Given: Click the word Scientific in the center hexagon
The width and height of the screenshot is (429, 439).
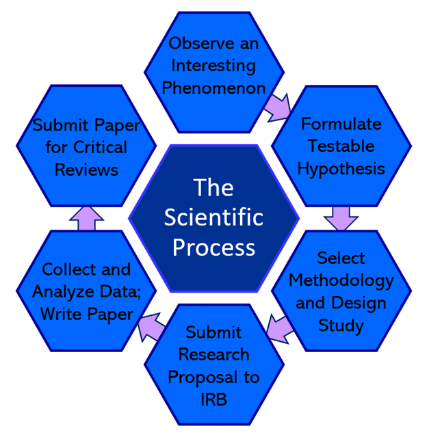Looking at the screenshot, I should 213,217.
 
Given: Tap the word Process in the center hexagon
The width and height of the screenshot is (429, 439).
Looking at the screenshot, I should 213,246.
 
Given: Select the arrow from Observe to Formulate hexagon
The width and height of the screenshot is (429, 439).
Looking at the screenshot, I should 277,107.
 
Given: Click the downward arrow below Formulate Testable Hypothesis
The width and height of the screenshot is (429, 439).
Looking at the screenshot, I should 341,217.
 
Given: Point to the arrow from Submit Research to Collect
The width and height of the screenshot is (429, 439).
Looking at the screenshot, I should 151,329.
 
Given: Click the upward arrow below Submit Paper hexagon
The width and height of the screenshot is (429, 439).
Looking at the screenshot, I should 87,218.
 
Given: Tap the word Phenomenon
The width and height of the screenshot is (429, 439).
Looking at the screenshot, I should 213,88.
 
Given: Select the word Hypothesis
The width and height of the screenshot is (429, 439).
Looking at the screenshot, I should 341,168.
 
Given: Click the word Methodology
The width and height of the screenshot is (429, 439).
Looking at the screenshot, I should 341,280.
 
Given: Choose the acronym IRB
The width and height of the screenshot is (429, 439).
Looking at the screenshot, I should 213,399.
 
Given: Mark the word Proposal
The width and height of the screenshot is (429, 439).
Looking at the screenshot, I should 213,377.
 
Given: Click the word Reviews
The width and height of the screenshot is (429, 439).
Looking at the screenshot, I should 86,170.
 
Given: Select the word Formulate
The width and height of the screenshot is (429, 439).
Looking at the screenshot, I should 341,124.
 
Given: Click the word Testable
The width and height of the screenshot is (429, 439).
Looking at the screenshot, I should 341,146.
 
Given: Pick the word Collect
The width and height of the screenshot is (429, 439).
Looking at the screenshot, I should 66,269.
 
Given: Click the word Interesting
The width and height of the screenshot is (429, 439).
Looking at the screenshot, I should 213,66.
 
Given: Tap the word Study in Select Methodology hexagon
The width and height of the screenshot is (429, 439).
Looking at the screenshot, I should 341,325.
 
